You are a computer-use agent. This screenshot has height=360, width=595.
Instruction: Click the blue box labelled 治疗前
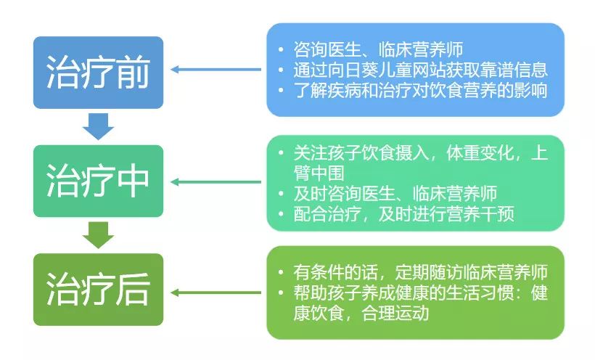98,72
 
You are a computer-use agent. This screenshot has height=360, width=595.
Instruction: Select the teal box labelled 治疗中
98,180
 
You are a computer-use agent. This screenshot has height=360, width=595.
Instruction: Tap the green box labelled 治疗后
98,289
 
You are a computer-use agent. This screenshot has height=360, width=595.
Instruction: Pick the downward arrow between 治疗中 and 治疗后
98,234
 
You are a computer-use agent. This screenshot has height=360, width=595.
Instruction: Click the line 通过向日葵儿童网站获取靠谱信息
420,70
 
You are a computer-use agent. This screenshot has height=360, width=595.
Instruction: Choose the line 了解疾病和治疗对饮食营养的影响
420,91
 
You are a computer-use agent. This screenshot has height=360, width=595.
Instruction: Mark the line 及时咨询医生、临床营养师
395,194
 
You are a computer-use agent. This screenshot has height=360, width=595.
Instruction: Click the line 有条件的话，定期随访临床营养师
420,273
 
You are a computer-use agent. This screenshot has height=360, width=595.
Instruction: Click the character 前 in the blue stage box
133,72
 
